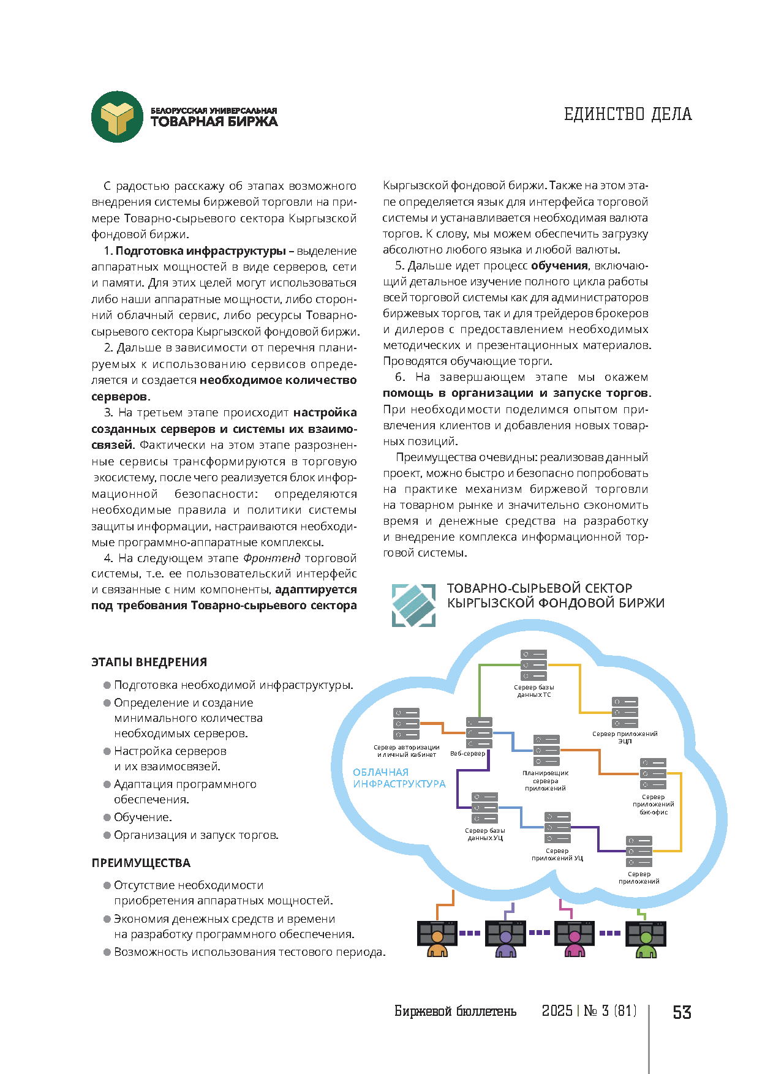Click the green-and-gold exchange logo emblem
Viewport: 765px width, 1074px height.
[117, 117]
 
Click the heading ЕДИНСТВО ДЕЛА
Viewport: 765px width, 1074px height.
[628, 115]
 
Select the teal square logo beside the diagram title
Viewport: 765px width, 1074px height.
[413, 605]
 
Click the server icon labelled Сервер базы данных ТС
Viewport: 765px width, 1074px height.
[533, 666]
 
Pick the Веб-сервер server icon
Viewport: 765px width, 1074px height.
[479, 733]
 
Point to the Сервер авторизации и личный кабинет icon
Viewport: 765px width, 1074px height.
[407, 724]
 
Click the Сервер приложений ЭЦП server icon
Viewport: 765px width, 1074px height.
[625, 713]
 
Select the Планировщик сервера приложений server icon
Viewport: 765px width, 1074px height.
[546, 751]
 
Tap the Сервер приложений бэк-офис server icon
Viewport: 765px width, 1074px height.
[653, 774]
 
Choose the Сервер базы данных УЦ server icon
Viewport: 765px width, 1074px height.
[484, 808]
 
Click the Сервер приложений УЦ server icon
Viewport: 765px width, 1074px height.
[557, 828]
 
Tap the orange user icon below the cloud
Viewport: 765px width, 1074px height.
[437, 940]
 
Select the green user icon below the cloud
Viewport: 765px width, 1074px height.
[646, 940]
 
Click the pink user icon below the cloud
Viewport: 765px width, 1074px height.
[574, 940]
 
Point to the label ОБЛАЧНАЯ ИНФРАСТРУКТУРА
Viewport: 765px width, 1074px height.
[399, 778]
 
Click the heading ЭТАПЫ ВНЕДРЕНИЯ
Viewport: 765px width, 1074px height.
[149, 663]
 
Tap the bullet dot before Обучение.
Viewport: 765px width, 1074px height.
[107, 817]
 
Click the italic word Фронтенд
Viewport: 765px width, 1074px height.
[271, 558]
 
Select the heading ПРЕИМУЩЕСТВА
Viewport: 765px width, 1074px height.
[141, 863]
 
